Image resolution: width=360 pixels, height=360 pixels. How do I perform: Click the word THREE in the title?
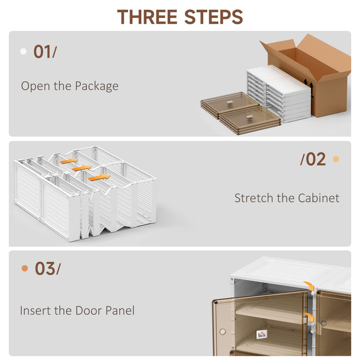point(149,17)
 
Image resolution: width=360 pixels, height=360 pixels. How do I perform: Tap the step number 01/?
point(45,52)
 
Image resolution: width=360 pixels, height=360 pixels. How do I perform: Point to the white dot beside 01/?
point(23,51)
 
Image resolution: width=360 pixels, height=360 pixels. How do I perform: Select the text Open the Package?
point(69,86)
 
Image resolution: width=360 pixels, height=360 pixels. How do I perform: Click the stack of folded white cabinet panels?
point(278,93)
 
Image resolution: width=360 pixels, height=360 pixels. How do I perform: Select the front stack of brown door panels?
point(250,119)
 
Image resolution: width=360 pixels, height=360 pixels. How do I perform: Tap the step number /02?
point(313,159)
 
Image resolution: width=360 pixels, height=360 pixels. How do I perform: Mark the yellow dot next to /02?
point(336,159)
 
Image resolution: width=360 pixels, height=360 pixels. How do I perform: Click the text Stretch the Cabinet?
point(286,198)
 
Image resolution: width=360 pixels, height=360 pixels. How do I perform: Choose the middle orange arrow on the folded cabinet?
point(81,168)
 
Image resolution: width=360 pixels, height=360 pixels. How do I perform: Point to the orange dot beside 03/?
point(24,268)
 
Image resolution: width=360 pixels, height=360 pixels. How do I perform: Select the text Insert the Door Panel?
point(77,311)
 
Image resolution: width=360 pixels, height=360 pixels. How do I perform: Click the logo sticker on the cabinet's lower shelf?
point(262,335)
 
